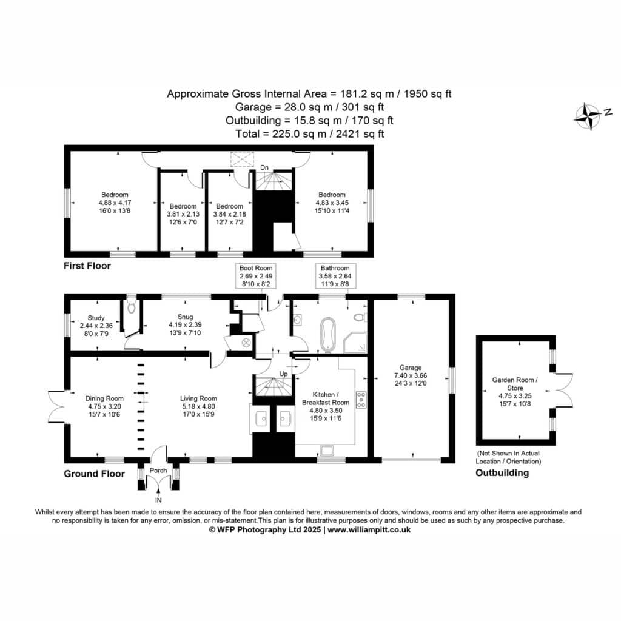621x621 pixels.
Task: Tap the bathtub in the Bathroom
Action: coord(328,334)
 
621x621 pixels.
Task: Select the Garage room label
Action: coord(411,368)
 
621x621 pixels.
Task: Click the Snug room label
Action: coord(185,317)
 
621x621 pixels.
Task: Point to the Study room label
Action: coord(96,318)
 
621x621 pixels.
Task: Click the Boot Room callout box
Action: coord(256,276)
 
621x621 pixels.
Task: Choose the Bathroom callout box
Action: coord(335,276)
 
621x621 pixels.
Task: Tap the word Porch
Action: coord(158,471)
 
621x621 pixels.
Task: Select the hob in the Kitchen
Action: coord(361,400)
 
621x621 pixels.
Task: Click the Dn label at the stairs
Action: coord(264,168)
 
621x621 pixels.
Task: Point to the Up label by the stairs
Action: coord(284,374)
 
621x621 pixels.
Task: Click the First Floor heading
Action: coord(87,266)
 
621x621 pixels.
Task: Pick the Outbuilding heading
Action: coord(502,473)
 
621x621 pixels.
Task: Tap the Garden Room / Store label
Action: coord(515,384)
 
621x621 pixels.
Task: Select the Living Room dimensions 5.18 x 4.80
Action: coord(198,406)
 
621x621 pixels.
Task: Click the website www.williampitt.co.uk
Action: coord(369,530)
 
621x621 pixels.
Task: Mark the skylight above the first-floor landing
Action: coord(241,159)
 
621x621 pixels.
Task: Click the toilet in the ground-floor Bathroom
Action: coord(360,317)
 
